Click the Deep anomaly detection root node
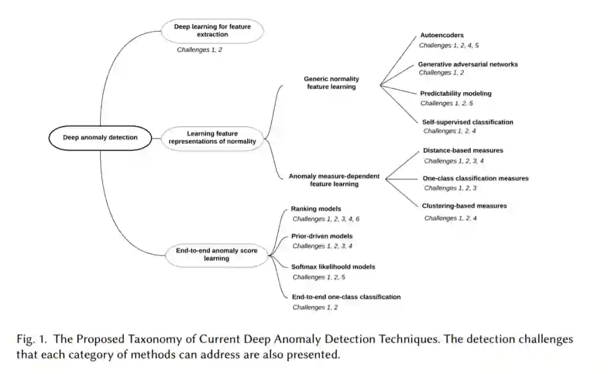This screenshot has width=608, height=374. click(x=100, y=138)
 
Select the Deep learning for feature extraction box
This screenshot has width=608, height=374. click(x=212, y=30)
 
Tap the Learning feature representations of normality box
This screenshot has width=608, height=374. click(x=212, y=138)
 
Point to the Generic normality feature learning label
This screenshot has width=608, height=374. click(x=331, y=83)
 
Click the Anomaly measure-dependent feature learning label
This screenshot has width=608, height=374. click(x=334, y=180)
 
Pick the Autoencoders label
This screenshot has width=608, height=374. click(x=442, y=35)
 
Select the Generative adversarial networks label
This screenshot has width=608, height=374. click(x=468, y=64)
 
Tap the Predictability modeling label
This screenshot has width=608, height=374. click(x=455, y=93)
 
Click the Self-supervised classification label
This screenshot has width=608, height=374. click(x=467, y=122)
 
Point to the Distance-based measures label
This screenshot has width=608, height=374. click(x=463, y=151)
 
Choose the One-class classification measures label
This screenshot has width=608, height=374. click(x=476, y=178)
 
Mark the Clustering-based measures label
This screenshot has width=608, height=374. click(x=464, y=206)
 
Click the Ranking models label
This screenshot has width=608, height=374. click(x=316, y=209)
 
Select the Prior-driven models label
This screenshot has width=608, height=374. click(x=321, y=236)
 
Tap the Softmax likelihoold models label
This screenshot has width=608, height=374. click(x=333, y=267)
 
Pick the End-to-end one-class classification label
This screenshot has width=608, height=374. click(x=346, y=296)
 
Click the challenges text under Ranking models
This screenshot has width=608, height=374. click(x=325, y=219)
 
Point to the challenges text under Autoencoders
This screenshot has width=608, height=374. click(x=449, y=45)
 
